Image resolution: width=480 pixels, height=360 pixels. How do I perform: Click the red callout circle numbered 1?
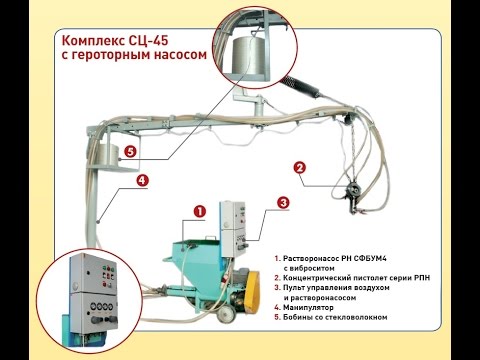pos(198,211)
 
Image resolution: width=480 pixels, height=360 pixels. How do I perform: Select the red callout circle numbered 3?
pos(283,202)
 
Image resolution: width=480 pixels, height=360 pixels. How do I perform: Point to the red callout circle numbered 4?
pos(143,181)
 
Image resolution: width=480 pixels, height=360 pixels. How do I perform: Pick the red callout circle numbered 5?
pos(130,153)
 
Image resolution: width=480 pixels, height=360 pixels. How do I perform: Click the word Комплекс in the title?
pos(93,41)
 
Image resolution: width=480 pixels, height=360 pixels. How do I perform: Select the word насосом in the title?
pos(181,56)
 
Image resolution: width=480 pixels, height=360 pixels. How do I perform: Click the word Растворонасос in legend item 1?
pos(313,257)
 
